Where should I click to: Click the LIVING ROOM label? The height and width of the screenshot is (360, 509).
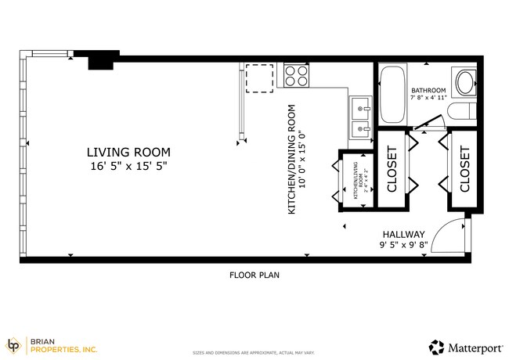point(128,152)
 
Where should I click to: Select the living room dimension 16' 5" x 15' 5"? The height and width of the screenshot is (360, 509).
point(128,166)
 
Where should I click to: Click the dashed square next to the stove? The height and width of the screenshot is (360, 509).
point(259,77)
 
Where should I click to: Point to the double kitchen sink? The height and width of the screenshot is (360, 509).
point(360,117)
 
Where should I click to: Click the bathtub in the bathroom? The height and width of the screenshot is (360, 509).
point(391,95)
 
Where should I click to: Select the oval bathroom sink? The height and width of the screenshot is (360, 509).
point(464,83)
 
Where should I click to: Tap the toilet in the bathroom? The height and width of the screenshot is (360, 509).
point(464,113)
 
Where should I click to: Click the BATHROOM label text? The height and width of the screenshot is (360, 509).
point(428,90)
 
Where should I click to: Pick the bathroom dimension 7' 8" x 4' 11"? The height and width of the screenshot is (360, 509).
point(428,98)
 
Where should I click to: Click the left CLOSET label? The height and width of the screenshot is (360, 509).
point(392,169)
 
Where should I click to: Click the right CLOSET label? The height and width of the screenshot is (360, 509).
point(464,169)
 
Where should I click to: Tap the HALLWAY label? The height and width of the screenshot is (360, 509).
point(403,234)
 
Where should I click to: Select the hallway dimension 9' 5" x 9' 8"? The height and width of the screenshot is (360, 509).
point(403,246)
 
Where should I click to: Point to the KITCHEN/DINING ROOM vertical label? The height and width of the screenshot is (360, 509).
point(291,160)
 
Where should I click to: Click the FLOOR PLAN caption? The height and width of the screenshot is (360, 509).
point(254,275)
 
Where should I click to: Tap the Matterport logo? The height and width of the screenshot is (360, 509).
point(465,345)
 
